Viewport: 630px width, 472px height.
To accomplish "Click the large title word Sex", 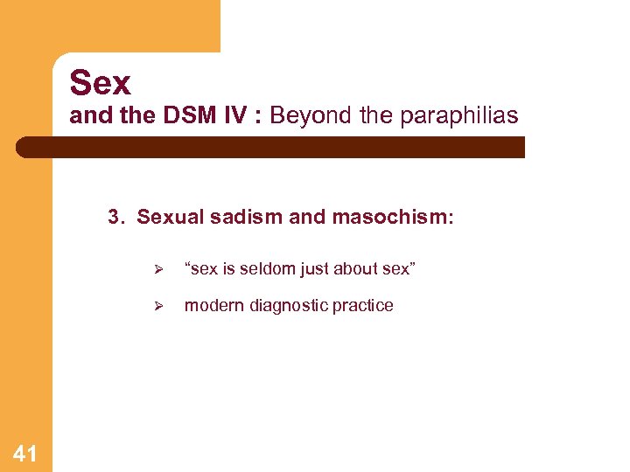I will coord(100,83).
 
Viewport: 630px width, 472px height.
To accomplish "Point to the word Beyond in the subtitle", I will coord(303,116).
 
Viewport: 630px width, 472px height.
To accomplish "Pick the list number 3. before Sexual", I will coord(117,217).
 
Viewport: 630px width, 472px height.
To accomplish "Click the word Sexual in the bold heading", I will coord(168,217).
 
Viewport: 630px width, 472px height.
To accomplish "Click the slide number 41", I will coord(25,453).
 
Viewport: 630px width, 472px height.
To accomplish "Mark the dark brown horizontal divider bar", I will coord(271,147).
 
